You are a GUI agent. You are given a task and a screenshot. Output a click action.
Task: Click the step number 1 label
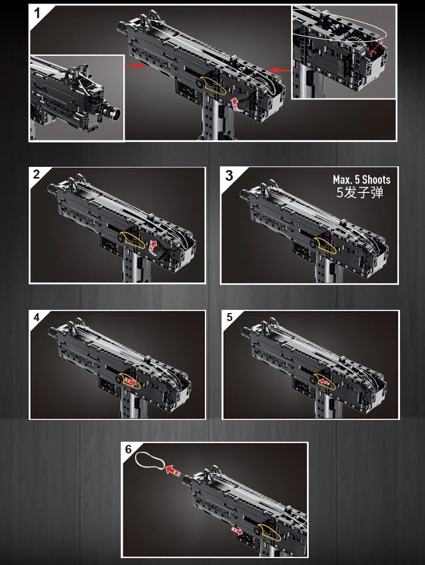click(x=37, y=13)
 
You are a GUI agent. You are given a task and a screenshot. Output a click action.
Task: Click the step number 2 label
click(x=36, y=174)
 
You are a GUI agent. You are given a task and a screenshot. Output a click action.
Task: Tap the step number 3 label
click(x=229, y=175)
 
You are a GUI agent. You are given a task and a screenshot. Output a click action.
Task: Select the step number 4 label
click(x=36, y=317)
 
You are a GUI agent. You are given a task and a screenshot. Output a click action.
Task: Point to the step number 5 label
click(x=229, y=317)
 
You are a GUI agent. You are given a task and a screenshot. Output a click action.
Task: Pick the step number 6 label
click(x=129, y=449)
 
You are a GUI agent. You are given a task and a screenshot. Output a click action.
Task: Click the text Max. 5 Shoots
click(x=361, y=180)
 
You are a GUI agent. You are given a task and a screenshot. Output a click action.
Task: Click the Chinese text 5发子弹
click(x=360, y=192)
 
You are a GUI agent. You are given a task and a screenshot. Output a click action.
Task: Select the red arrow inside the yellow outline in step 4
click(x=131, y=382)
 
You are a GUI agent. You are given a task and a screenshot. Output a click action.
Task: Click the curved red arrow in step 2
click(x=152, y=248)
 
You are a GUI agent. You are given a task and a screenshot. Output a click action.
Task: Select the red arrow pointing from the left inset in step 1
click(x=135, y=65)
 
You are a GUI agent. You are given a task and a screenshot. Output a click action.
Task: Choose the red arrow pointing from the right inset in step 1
click(x=280, y=70)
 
